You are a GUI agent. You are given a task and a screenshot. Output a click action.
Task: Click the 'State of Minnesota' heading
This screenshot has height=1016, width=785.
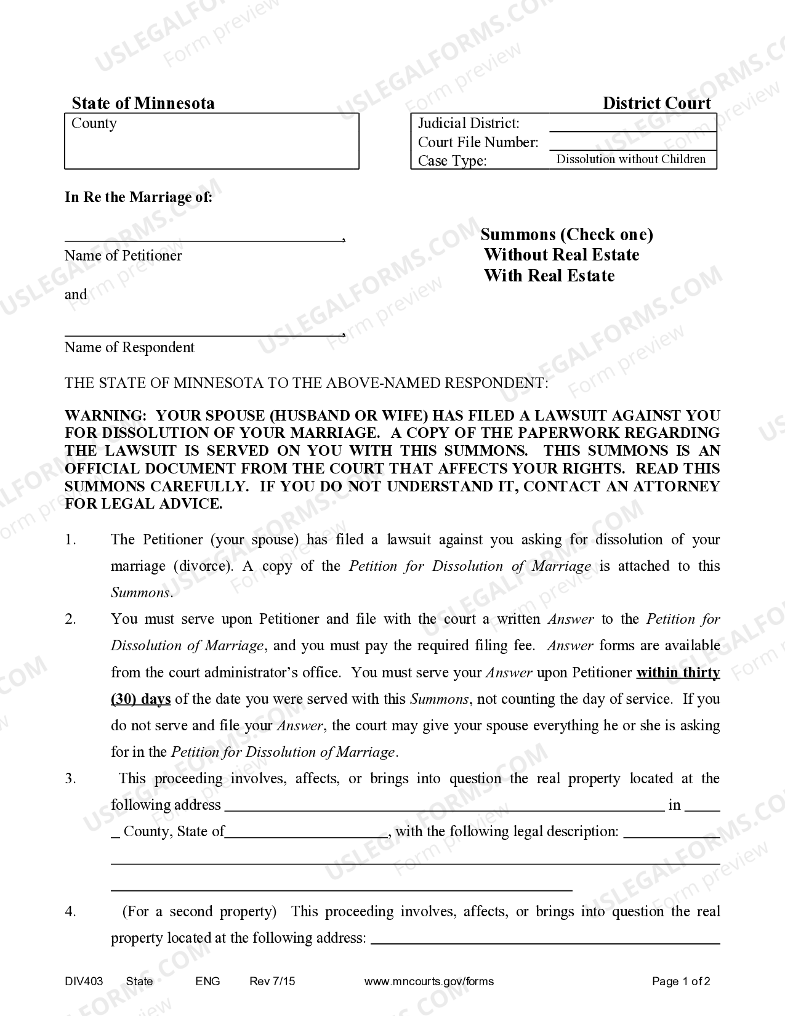(x=143, y=103)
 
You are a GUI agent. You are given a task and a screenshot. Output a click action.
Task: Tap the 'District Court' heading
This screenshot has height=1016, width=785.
(x=656, y=103)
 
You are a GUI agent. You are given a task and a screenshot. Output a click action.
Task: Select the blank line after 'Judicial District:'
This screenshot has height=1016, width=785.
(x=632, y=125)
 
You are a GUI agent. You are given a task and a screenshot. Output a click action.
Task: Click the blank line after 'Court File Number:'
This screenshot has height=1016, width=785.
(x=632, y=143)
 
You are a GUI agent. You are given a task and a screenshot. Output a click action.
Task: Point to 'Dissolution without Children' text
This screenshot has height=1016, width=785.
(x=631, y=159)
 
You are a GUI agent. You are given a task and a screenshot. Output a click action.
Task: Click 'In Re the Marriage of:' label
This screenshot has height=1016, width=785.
(x=139, y=197)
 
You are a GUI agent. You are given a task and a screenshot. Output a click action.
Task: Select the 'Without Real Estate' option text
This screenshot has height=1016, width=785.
(x=561, y=255)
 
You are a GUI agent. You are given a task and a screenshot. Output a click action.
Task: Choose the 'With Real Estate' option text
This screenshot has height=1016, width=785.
(x=549, y=275)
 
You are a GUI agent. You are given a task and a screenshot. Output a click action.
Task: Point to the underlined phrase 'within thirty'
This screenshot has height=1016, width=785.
(x=678, y=672)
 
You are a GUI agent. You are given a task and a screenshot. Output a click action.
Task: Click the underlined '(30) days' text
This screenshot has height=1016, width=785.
(x=140, y=699)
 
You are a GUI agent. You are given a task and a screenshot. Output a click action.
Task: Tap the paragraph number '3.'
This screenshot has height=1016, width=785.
(x=71, y=778)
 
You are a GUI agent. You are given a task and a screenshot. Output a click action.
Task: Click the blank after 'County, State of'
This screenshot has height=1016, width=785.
(x=306, y=831)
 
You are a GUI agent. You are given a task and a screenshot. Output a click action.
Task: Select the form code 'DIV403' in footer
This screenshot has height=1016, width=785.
(x=84, y=982)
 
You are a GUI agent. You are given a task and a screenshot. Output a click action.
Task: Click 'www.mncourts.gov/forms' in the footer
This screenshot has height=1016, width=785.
(x=429, y=982)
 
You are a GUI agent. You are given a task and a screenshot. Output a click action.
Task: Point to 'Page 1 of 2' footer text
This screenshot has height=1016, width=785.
(x=681, y=982)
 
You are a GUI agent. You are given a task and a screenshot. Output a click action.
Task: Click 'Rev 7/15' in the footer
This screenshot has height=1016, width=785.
(x=272, y=982)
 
